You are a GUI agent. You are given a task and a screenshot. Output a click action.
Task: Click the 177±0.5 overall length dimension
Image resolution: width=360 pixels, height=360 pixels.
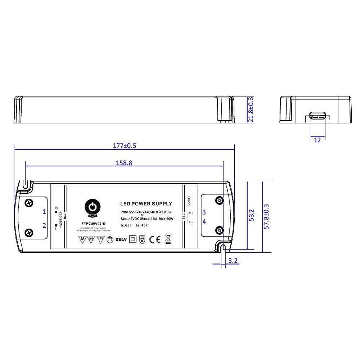[125, 146]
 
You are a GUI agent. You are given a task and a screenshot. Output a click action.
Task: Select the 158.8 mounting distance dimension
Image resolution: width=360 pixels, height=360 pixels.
[124, 163]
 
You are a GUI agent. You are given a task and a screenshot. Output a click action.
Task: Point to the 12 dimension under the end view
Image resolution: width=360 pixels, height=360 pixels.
[317, 140]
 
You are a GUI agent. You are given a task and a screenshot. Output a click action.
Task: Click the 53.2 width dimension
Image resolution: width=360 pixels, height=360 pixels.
[252, 215]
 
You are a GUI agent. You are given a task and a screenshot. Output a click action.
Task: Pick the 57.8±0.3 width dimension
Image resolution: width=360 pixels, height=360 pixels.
[266, 216]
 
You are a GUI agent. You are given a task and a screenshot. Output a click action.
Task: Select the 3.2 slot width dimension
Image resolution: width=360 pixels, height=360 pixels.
[233, 261]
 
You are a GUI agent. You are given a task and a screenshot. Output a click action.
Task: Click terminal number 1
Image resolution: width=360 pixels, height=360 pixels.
[45, 212]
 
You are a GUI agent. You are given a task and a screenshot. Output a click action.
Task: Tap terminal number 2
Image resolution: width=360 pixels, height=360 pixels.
[45, 225]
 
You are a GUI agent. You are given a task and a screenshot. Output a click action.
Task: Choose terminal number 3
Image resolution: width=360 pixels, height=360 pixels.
[204, 212]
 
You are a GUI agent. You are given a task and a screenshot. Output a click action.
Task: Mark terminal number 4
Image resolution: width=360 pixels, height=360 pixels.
[204, 222]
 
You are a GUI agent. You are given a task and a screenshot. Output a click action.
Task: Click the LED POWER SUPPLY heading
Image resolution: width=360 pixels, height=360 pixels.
[146, 204]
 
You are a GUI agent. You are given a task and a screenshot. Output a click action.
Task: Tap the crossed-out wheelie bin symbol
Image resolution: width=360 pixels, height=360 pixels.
[168, 239]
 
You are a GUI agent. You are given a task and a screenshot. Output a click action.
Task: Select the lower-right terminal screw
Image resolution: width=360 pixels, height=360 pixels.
[219, 230]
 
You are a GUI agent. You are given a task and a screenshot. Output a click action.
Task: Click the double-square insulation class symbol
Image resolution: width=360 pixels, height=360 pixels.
[133, 239]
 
